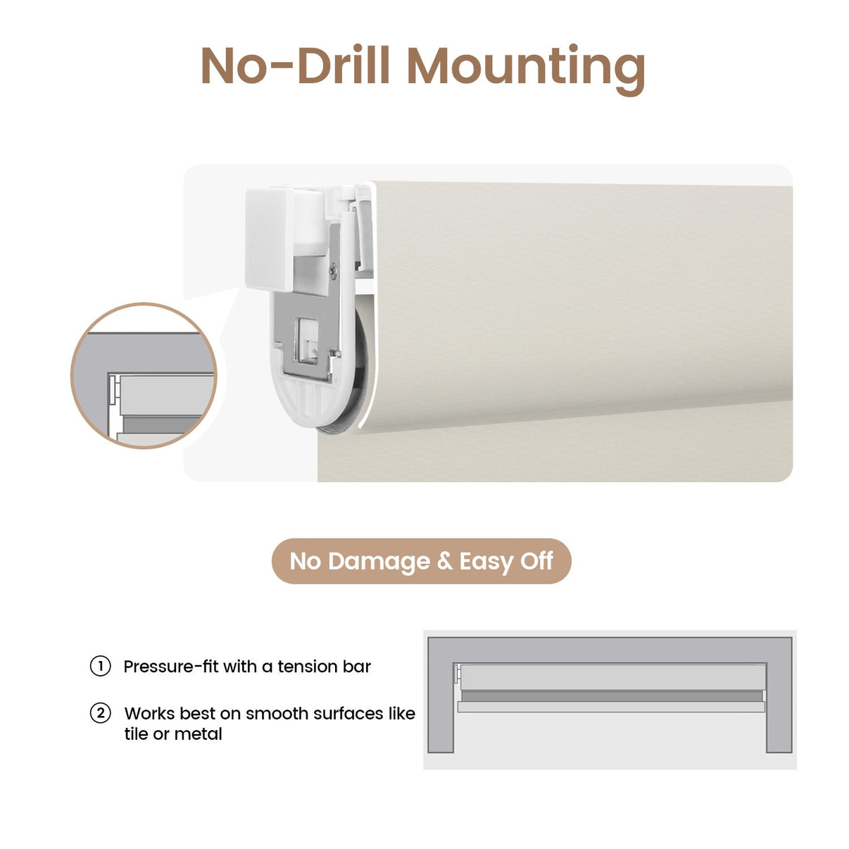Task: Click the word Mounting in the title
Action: tap(526, 68)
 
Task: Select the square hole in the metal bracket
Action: tap(308, 341)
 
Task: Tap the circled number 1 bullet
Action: tap(100, 666)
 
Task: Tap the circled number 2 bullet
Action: tap(100, 713)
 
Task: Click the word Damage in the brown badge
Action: tap(379, 562)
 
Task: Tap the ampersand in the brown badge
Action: tap(444, 562)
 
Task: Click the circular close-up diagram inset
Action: tap(144, 376)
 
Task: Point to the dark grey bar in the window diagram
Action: tap(612, 696)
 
